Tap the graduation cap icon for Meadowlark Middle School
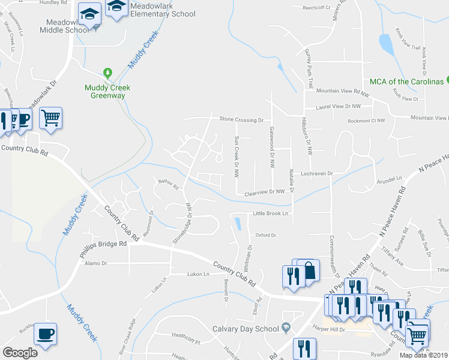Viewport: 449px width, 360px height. [x=91, y=14]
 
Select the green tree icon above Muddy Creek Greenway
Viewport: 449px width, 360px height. [x=108, y=74]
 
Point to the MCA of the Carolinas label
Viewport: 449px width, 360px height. [x=406, y=82]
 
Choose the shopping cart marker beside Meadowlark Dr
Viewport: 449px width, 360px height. [x=51, y=118]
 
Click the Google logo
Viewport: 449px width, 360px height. [x=20, y=353]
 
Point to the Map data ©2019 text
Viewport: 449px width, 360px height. [x=423, y=355]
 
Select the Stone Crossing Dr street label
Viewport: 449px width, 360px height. [x=241, y=120]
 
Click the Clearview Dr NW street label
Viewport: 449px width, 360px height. [x=264, y=192]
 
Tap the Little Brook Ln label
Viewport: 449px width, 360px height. [x=271, y=213]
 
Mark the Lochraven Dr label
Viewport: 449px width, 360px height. [x=317, y=173]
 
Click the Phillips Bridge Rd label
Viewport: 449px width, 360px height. [x=103, y=244]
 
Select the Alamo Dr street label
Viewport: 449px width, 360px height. [x=95, y=263]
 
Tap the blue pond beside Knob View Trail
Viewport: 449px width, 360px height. [x=385, y=44]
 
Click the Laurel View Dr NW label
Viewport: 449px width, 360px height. [x=339, y=106]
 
